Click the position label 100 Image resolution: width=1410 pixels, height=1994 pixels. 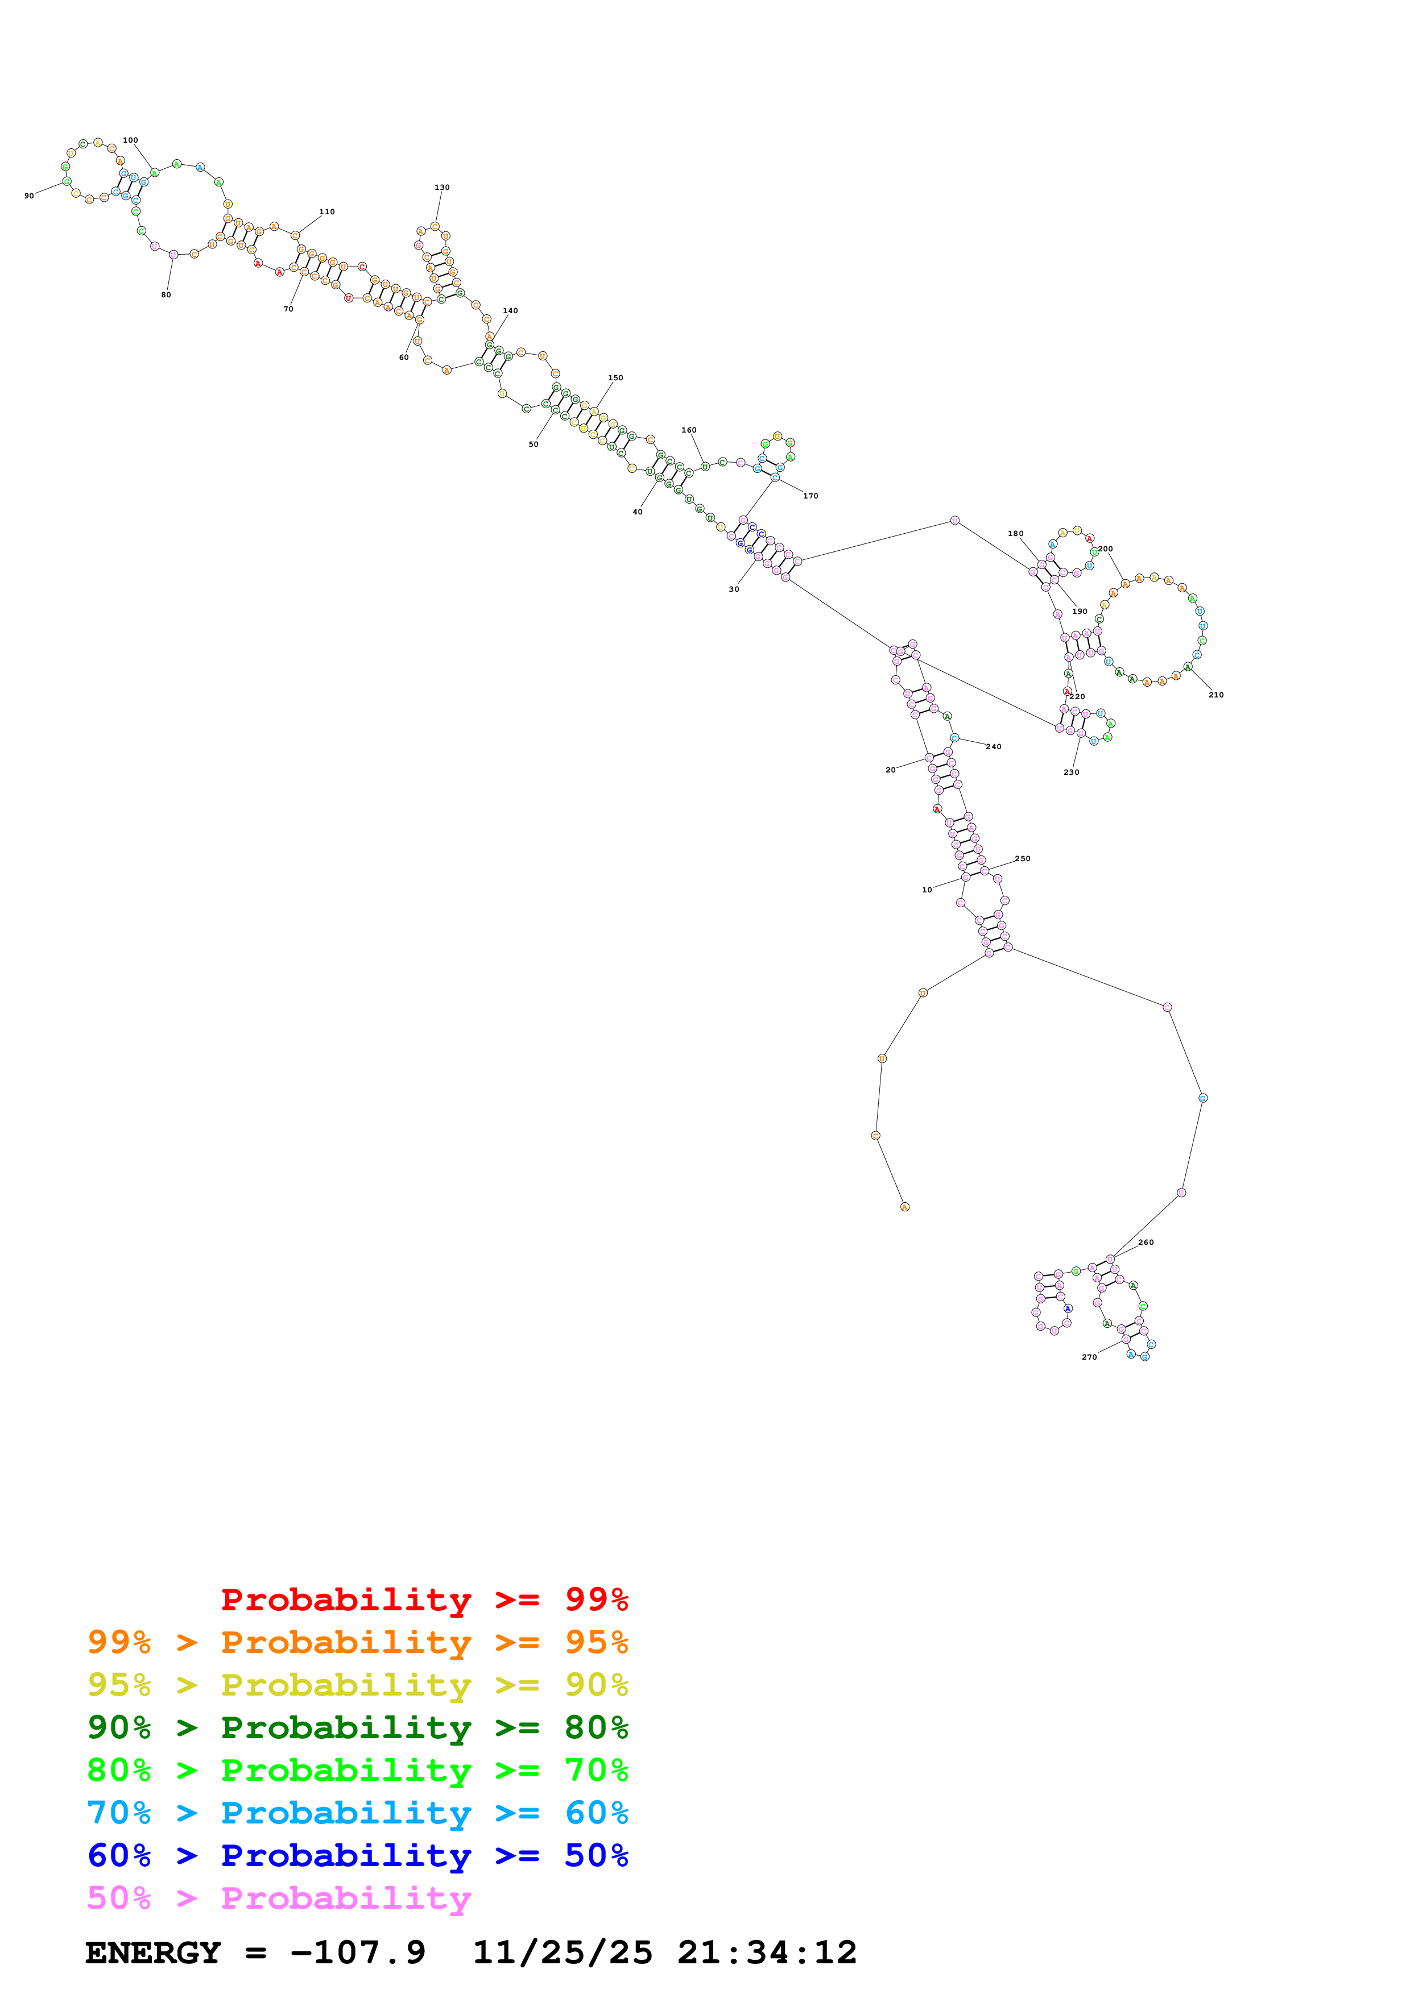(x=130, y=140)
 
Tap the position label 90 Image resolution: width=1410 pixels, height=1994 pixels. (x=28, y=196)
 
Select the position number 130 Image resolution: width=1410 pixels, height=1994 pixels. (x=441, y=186)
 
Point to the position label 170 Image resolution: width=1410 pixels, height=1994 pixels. (x=810, y=496)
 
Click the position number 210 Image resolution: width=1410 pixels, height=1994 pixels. (x=1215, y=695)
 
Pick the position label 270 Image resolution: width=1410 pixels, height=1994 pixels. (x=1089, y=1357)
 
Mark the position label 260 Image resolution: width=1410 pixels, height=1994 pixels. (x=1146, y=1242)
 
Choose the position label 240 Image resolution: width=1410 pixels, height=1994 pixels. (x=993, y=746)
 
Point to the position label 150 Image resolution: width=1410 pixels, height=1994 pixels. (x=615, y=378)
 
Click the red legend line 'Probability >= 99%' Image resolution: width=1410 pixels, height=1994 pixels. (x=424, y=1599)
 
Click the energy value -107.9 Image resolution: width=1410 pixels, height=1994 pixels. (x=358, y=1953)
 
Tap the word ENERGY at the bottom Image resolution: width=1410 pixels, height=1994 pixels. (x=153, y=1953)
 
